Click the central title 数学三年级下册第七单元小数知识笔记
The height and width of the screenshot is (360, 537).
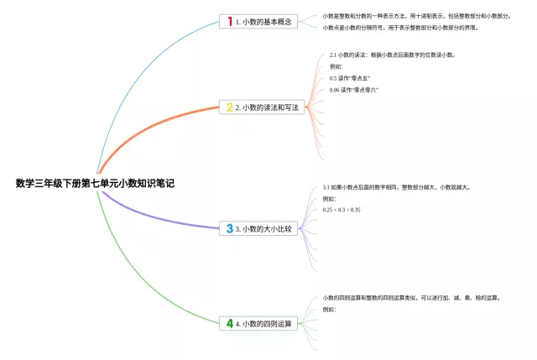pyautogui.click(x=95, y=183)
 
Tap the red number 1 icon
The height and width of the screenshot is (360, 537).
pyautogui.click(x=229, y=21)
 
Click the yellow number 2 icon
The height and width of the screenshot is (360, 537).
pyautogui.click(x=229, y=107)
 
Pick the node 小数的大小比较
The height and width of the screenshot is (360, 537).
pyautogui.click(x=266, y=228)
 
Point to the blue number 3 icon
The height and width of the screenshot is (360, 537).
pyautogui.click(x=229, y=228)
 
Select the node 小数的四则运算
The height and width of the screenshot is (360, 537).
pyautogui.click(x=266, y=323)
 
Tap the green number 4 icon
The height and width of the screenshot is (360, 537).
pyautogui.click(x=229, y=323)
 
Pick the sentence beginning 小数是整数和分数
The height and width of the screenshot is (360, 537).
pyautogui.click(x=415, y=16)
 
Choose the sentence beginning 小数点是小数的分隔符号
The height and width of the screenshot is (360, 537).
pyautogui.click(x=401, y=28)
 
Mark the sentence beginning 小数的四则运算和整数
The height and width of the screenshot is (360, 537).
pyautogui.click(x=411, y=297)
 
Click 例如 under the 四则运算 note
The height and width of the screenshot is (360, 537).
pyautogui.click(x=329, y=309)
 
